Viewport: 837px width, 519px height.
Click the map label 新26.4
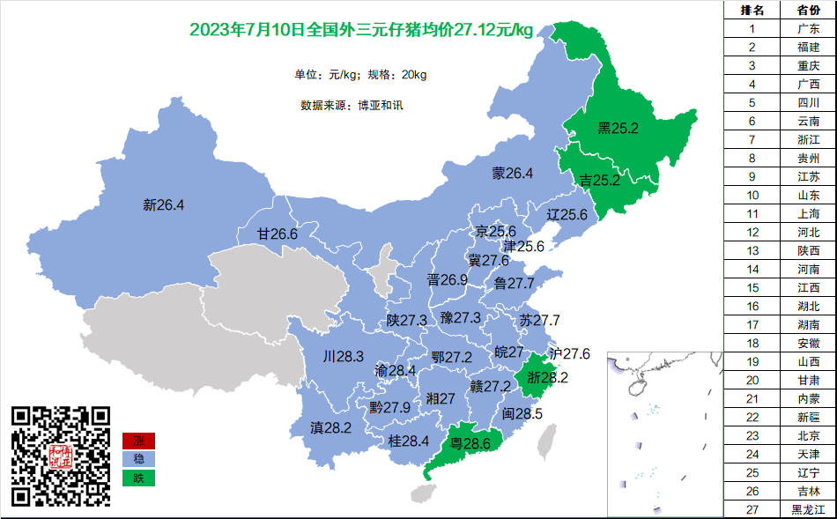point(163,205)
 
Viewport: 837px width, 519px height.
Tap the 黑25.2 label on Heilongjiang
point(618,129)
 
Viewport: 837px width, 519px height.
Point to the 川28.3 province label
point(344,357)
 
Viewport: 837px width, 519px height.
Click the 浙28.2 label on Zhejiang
point(547,377)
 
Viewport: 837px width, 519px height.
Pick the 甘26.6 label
point(277,234)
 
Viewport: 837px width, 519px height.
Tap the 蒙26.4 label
point(512,174)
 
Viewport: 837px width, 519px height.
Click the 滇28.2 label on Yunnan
point(330,427)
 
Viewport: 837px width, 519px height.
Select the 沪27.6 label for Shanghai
point(569,353)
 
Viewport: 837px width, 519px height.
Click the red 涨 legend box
point(138,441)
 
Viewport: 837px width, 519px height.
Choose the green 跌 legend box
point(138,478)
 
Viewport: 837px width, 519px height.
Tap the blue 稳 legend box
point(138,459)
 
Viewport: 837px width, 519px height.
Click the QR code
point(61,455)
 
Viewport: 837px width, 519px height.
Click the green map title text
point(361,30)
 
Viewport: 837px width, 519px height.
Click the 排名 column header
point(752,10)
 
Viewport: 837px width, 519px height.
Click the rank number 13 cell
point(752,250)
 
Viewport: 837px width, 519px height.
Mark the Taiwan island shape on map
point(547,441)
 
